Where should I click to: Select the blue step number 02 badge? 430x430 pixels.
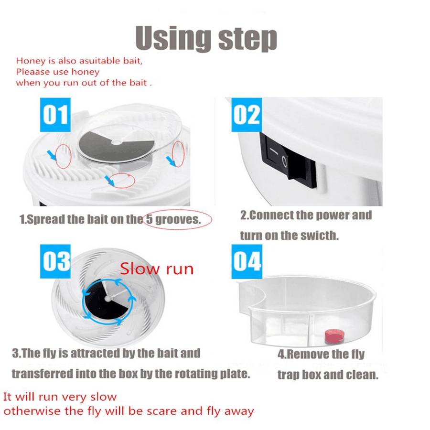[x=247, y=115]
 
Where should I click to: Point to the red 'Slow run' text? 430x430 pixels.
[x=156, y=269]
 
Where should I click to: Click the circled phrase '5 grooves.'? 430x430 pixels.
[x=177, y=220]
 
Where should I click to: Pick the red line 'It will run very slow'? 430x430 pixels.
[x=60, y=397]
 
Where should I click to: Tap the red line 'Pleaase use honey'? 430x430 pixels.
[x=57, y=72]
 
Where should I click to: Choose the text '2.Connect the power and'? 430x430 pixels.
[x=305, y=215]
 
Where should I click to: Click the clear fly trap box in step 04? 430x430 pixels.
[x=306, y=311]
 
